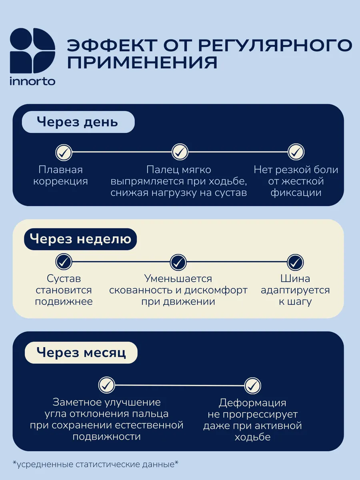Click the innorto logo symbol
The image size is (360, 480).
[32, 50]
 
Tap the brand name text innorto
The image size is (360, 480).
[32, 81]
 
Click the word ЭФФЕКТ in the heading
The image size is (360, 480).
[112, 45]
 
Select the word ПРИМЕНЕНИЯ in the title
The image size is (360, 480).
[142, 62]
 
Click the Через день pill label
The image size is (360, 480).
[78, 122]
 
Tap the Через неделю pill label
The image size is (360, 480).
[80, 239]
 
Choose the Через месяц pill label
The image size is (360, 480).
[81, 353]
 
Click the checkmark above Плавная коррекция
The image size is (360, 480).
[64, 152]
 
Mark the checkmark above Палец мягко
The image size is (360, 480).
[180, 152]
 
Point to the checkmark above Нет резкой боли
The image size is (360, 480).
[296, 152]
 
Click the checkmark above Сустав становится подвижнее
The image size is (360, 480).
[64, 262]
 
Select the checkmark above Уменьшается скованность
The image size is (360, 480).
[178, 262]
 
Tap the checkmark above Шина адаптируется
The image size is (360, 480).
[295, 262]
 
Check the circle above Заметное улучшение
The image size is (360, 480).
[106, 385]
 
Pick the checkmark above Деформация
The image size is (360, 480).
[252, 386]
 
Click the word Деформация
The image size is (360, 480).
[252, 403]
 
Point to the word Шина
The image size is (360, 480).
[295, 278]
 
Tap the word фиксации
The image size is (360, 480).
[296, 193]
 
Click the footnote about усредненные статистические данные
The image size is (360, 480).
[96, 464]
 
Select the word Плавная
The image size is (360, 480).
[60, 170]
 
